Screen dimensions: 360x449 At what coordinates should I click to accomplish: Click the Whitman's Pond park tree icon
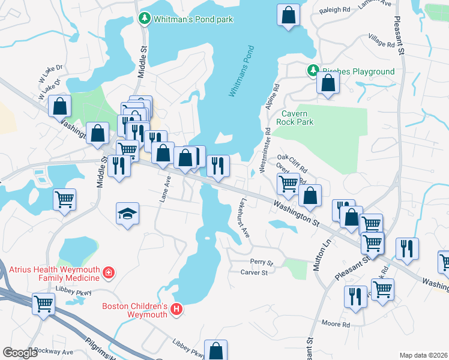[x=144, y=19]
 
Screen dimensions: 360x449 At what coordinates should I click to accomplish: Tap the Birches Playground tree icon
[x=313, y=71]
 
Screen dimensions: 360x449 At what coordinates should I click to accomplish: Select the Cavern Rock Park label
[x=295, y=118]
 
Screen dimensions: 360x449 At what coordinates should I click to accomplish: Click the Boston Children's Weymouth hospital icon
[x=176, y=310]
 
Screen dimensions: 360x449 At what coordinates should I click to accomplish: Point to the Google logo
[x=20, y=352]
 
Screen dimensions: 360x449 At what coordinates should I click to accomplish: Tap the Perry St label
[x=262, y=263]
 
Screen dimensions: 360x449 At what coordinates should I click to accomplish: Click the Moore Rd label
[x=336, y=325]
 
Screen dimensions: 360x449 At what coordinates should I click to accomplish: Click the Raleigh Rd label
[x=335, y=10]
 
